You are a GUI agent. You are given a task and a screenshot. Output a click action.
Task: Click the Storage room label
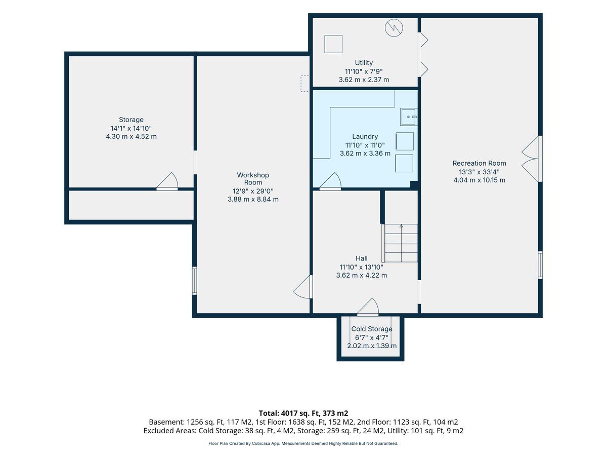coord(131,120)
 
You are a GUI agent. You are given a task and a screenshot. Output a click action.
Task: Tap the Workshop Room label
coord(253,178)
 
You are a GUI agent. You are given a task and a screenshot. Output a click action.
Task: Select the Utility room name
coord(364,63)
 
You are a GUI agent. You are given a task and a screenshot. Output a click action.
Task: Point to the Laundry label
coord(365,136)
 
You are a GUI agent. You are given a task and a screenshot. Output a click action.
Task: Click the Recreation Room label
coord(479,163)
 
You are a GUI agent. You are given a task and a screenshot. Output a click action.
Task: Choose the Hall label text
coord(362,258)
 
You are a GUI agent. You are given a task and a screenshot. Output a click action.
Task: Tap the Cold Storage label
coord(372,329)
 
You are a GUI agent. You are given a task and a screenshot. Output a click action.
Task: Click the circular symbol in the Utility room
coord(394,28)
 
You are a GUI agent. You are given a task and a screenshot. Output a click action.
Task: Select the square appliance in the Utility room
coord(333,44)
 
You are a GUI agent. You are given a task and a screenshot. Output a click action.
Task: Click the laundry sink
coord(408,117)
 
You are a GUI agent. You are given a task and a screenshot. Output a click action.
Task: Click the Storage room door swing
coord(167,181)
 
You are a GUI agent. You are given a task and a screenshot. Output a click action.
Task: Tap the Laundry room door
coord(330,181)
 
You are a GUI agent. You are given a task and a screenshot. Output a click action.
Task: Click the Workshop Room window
coord(195,281)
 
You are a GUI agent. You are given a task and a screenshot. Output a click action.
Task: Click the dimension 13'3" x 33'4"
coord(479,172)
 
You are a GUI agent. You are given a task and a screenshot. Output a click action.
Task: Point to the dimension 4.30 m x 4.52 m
coord(131,136)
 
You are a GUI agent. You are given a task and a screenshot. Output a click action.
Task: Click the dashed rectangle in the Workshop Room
coord(305,84)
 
